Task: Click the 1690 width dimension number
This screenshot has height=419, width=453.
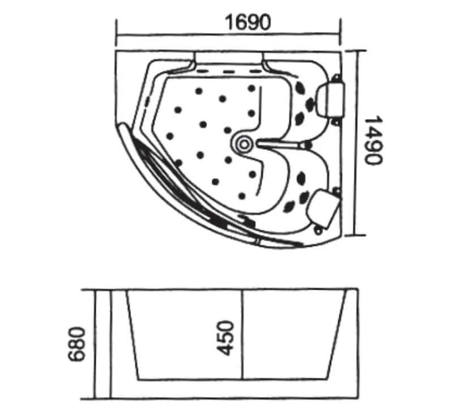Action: tap(248, 22)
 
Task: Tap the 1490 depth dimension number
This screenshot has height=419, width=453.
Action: tap(374, 140)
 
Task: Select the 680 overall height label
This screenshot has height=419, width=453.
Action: tap(77, 344)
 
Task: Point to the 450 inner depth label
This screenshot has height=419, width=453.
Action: tap(225, 337)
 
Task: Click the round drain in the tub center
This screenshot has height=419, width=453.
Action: tap(243, 144)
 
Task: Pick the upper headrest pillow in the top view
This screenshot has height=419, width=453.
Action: tap(331, 99)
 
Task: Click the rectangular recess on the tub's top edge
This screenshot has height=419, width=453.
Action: tap(229, 58)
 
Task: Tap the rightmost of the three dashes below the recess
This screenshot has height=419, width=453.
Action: tap(255, 71)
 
